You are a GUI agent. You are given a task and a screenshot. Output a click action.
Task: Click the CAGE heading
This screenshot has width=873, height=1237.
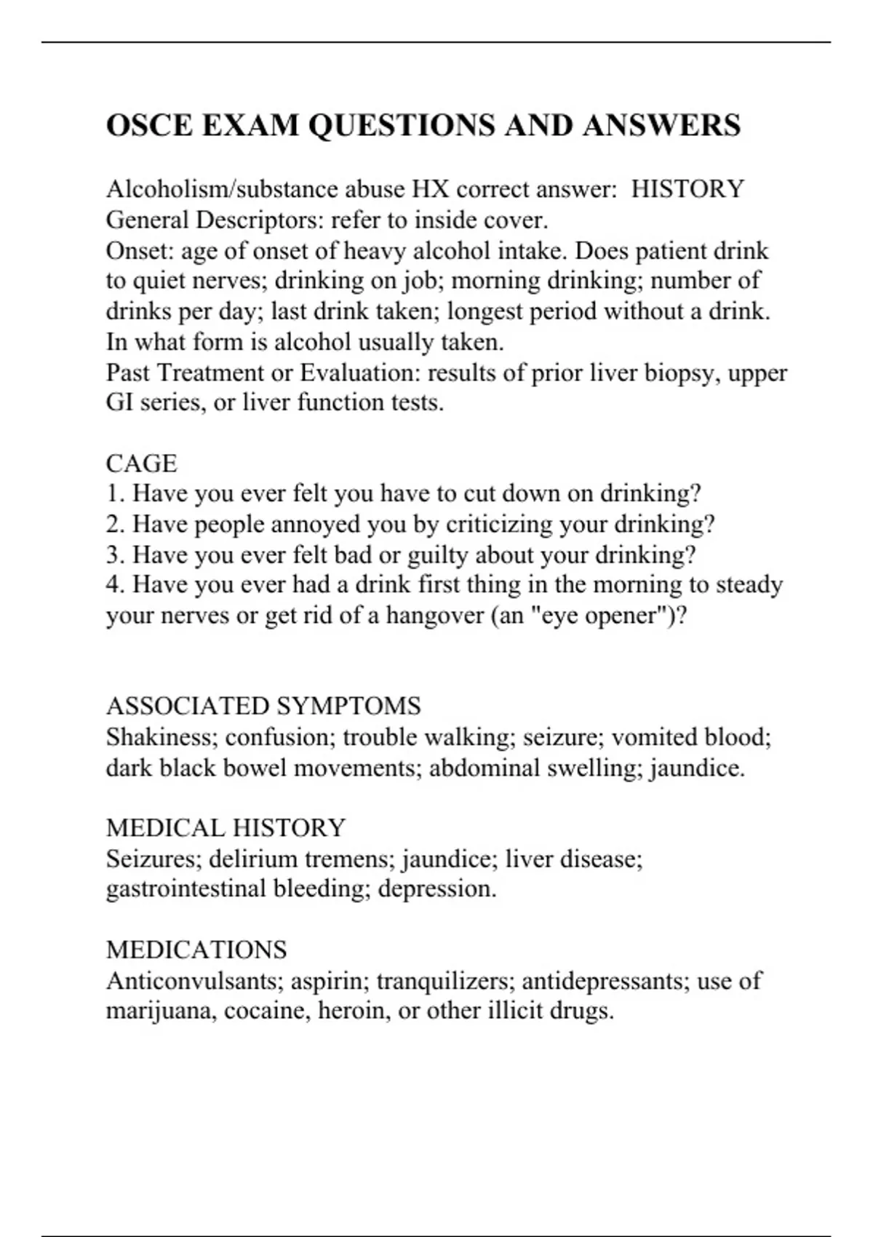[141, 464]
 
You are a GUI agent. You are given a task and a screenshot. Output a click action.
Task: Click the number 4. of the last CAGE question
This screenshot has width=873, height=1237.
[116, 585]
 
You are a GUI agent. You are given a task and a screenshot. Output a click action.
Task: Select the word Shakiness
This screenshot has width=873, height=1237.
[162, 737]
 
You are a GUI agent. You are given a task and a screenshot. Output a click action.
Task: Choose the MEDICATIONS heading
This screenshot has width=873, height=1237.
[196, 950]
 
